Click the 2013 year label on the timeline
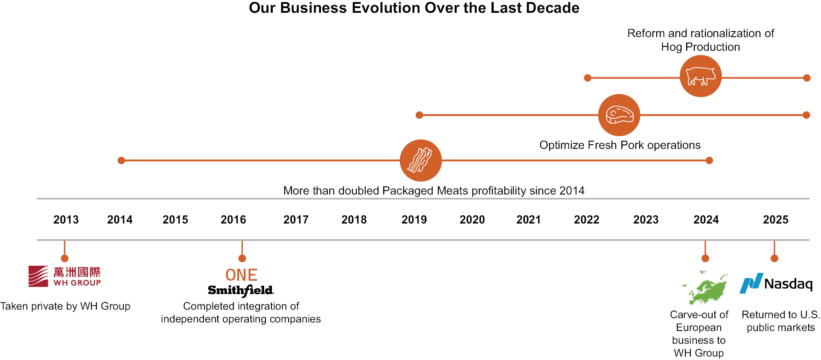(66, 220)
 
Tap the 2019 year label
(414, 220)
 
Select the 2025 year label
(775, 220)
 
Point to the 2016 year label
(233, 220)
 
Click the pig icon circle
(700, 76)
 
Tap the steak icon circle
(619, 115)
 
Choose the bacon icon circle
(421, 160)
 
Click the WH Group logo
(64, 276)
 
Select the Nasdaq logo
(776, 284)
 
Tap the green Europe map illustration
(705, 288)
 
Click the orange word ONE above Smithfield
(242, 275)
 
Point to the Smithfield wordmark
(241, 290)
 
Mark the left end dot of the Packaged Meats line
(121, 160)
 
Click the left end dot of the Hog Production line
(588, 78)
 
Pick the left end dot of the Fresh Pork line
(419, 115)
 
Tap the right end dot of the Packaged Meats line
(709, 160)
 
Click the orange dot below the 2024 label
(705, 258)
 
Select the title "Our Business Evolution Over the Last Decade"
(414, 8)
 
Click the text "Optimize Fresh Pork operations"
(620, 145)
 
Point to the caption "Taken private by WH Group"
(65, 306)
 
